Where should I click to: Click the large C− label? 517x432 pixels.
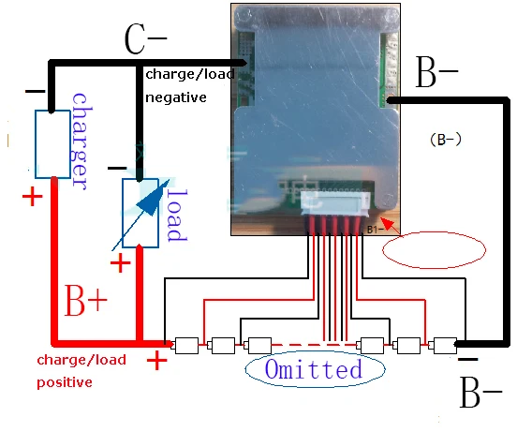146,39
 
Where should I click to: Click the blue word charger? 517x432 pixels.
81,142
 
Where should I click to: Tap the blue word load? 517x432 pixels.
177,215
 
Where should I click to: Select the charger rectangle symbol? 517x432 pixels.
52,144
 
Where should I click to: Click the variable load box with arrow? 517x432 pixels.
140,214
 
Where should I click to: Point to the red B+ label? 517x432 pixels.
86,301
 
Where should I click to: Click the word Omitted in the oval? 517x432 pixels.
314,369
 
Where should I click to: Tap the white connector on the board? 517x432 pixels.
335,201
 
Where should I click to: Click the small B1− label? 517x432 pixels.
376,230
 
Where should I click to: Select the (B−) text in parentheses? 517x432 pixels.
446,140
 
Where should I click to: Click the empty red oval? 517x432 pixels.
434,249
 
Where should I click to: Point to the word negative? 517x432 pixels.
176,98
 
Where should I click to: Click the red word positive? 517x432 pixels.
65,383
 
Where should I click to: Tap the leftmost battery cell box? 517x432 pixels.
186,346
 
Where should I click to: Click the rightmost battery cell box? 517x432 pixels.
445,346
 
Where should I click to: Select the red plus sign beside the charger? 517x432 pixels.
32,197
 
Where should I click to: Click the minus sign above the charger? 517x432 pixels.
36,91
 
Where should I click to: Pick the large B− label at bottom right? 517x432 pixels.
480,393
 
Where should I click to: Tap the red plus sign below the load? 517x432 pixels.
120,262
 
